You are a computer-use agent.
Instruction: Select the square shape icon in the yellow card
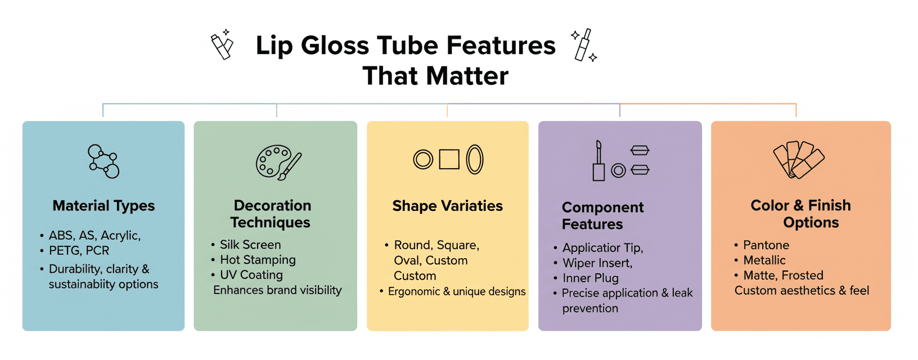click(x=449, y=159)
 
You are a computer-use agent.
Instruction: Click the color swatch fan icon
click(x=798, y=160)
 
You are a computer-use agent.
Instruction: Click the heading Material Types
click(x=103, y=206)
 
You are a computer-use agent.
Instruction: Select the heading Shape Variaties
click(x=447, y=206)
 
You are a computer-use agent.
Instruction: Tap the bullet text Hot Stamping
click(x=258, y=260)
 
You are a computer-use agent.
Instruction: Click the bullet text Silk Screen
click(x=250, y=245)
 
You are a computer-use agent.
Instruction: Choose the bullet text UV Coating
click(x=251, y=275)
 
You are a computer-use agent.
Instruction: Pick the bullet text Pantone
click(x=766, y=245)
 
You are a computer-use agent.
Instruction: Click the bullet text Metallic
click(x=764, y=260)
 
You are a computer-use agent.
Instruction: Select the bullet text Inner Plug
click(x=591, y=278)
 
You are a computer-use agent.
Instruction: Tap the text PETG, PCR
click(x=79, y=251)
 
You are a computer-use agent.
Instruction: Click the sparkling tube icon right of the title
click(x=584, y=45)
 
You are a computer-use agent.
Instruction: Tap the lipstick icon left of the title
click(x=222, y=45)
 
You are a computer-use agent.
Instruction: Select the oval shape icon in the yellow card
click(x=475, y=159)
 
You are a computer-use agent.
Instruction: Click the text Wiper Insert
click(x=597, y=263)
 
